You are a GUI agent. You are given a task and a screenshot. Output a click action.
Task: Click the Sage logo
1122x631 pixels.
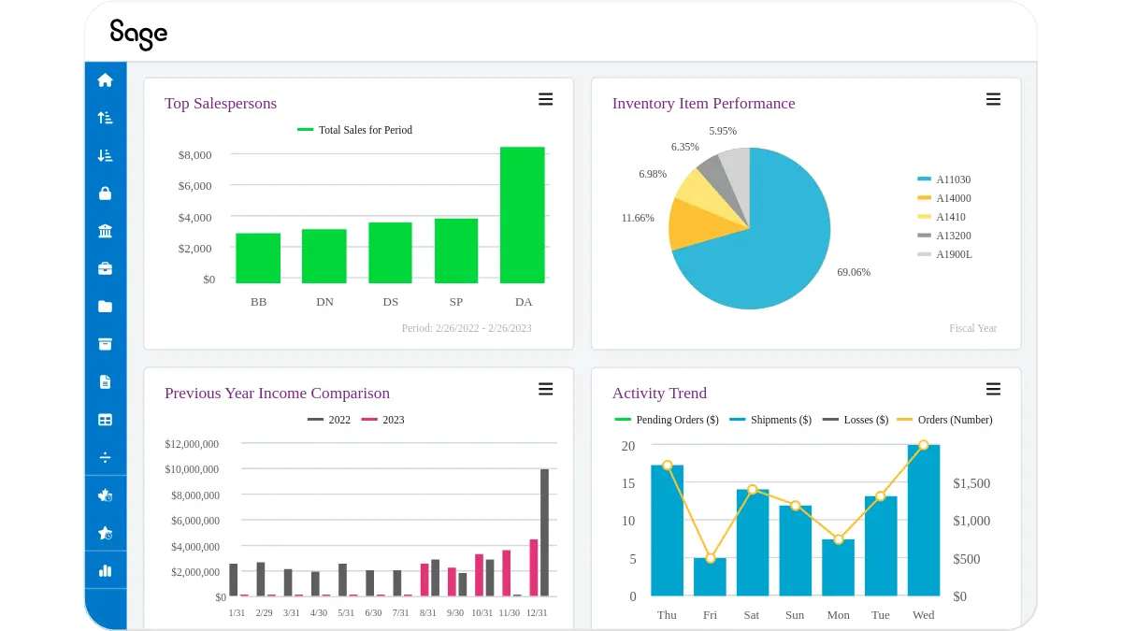pyautogui.click(x=138, y=34)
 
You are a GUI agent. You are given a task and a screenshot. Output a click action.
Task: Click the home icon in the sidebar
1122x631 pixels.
pyautogui.click(x=105, y=80)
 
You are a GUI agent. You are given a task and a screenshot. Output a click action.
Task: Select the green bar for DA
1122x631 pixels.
pyautogui.click(x=522, y=215)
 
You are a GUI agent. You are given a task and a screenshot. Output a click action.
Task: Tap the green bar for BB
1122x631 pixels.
pyautogui.click(x=258, y=258)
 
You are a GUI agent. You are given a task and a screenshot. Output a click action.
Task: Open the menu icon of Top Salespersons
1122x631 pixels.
pyautogui.click(x=545, y=100)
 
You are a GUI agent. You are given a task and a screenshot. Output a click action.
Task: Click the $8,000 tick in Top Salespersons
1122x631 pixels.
pyautogui.click(x=194, y=155)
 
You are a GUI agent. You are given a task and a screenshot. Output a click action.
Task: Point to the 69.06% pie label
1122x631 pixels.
pyautogui.click(x=853, y=272)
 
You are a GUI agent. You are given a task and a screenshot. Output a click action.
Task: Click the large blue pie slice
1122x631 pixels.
pyautogui.click(x=767, y=243)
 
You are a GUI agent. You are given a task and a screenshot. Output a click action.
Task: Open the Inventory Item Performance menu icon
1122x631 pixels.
pyautogui.click(x=993, y=100)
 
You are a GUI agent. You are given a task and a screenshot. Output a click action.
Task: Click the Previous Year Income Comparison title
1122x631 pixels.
pyautogui.click(x=277, y=394)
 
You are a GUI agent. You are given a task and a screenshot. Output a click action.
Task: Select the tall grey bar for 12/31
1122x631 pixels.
pyautogui.click(x=544, y=533)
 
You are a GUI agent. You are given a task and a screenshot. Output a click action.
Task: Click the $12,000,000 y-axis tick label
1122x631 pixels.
pyautogui.click(x=192, y=444)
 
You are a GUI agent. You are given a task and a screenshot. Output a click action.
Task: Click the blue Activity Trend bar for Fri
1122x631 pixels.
pyautogui.click(x=710, y=577)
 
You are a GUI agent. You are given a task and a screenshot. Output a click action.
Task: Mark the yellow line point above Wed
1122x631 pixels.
pyautogui.click(x=924, y=446)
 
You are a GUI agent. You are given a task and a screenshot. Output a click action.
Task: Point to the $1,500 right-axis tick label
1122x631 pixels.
pyautogui.click(x=971, y=483)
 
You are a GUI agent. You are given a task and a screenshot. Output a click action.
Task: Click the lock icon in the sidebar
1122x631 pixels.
pyautogui.click(x=105, y=194)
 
